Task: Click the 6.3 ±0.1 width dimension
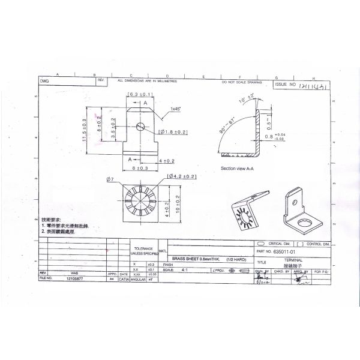point(142,95)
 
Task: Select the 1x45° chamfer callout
point(175,109)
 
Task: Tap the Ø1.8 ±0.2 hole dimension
point(173,131)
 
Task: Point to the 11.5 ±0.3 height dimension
point(85,130)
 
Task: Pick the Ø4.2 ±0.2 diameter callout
point(182,176)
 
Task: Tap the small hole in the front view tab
point(140,127)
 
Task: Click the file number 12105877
point(75,279)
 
